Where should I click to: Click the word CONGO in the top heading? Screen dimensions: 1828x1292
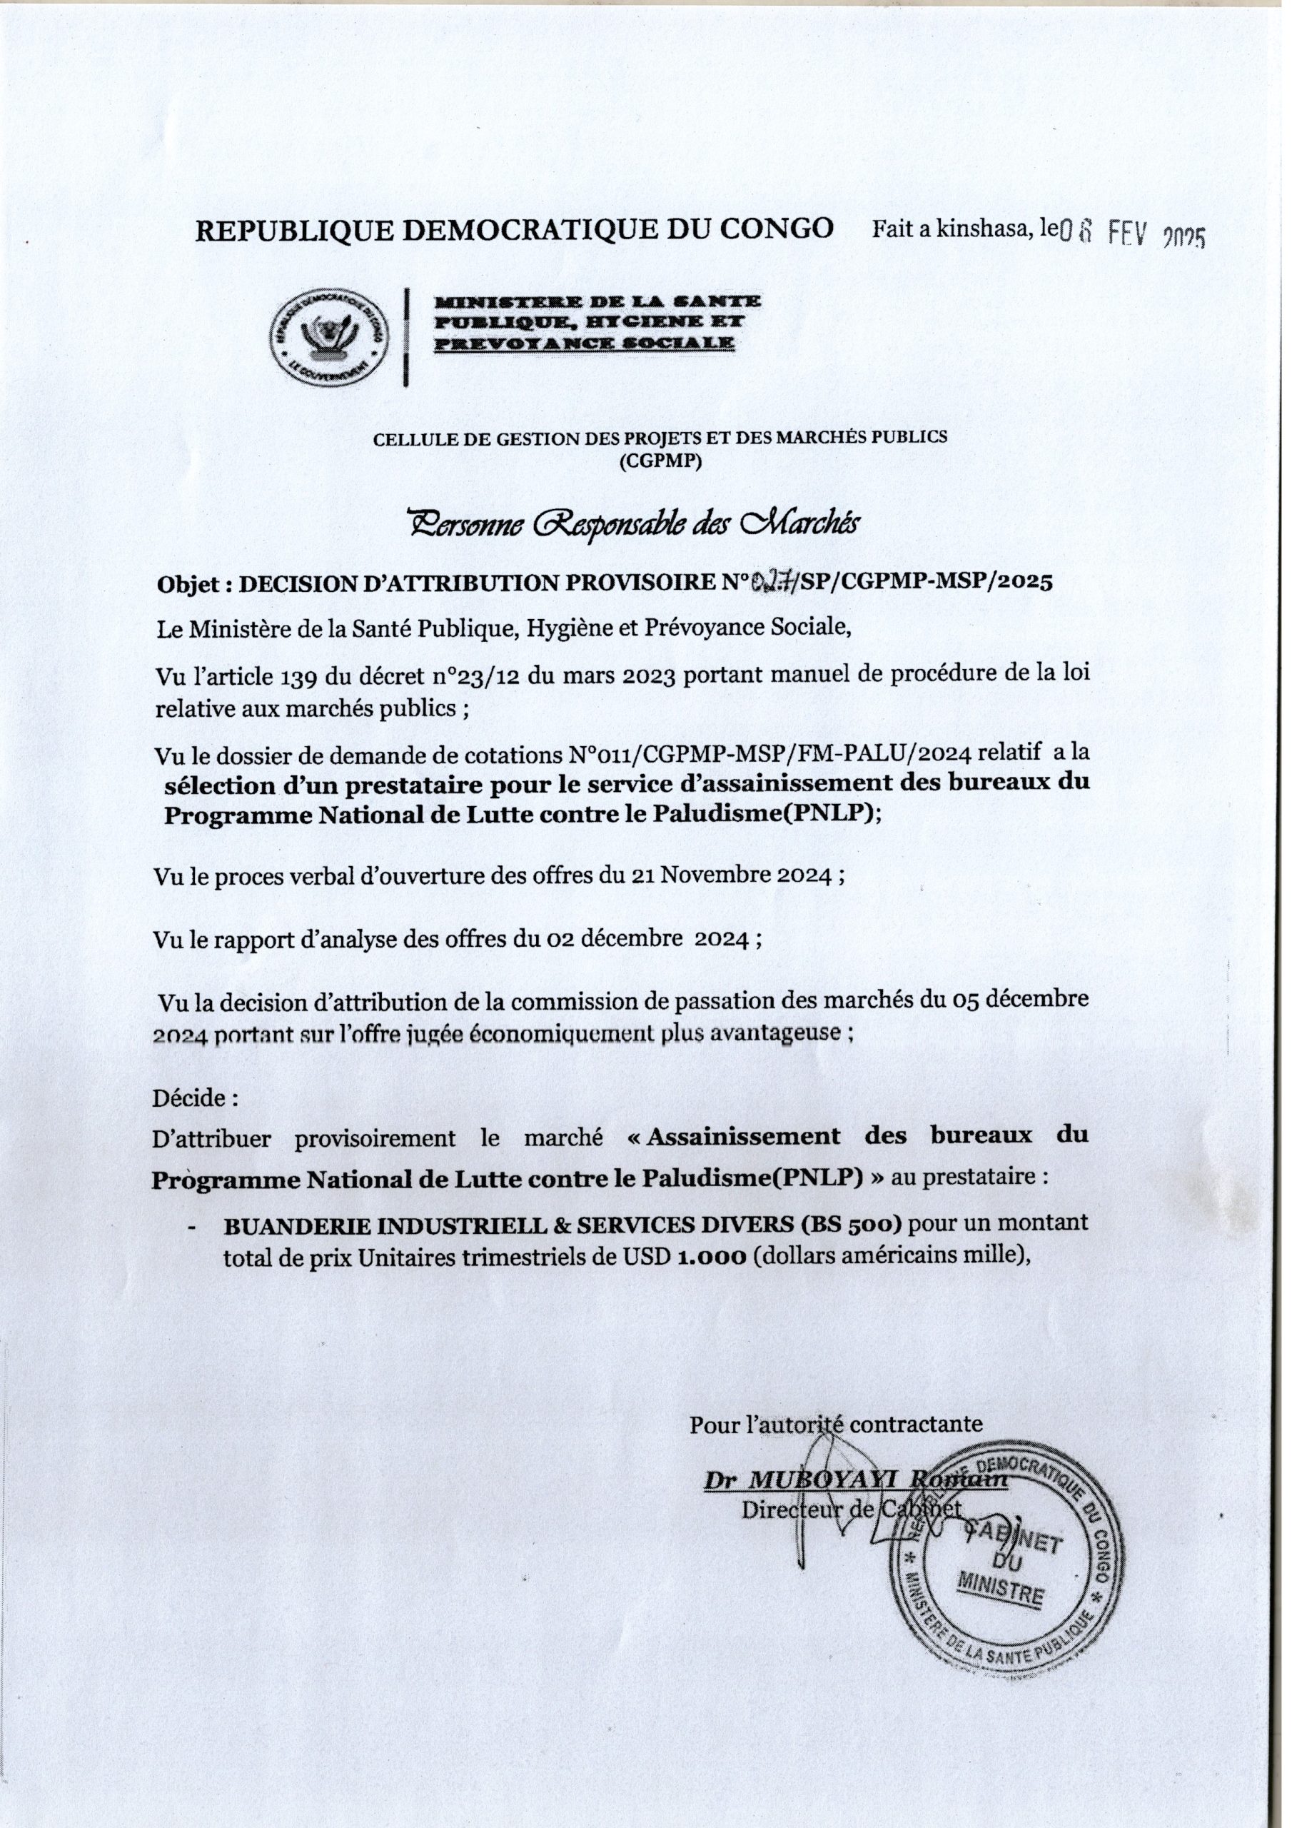[x=776, y=228]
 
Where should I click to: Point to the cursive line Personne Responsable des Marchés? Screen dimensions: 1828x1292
[x=634, y=524]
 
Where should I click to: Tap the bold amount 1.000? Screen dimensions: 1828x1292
[x=711, y=1255]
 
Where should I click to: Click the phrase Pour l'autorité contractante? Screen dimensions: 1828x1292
[x=836, y=1422]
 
